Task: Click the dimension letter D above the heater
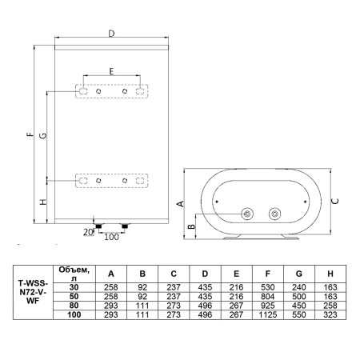111,34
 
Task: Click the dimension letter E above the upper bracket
111,71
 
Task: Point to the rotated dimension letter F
31,134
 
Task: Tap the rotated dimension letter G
42,135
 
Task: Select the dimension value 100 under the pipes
111,237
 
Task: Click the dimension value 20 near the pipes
88,232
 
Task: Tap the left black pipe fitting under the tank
98,226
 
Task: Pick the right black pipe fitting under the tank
125,226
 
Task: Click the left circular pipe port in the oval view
247,214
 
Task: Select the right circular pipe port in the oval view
274,214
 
